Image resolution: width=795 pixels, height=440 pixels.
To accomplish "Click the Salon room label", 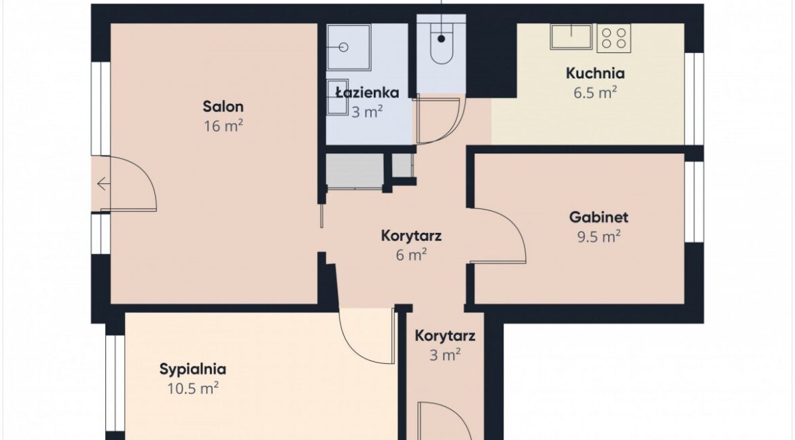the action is pyautogui.click(x=223, y=107).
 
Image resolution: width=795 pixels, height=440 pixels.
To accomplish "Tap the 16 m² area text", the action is pyautogui.click(x=223, y=126).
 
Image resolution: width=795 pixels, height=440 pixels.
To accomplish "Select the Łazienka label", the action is pyautogui.click(x=367, y=92).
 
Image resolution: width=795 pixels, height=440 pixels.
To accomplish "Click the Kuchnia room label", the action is pyautogui.click(x=595, y=73).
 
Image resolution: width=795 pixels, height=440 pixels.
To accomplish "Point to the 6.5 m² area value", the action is pyautogui.click(x=595, y=93).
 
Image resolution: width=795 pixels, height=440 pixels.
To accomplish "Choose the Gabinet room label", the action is pyautogui.click(x=599, y=217).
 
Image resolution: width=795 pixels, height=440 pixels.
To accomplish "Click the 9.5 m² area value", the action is pyautogui.click(x=599, y=237).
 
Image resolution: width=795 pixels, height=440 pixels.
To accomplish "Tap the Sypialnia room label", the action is pyautogui.click(x=193, y=369).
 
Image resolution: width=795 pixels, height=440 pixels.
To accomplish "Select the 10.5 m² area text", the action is pyautogui.click(x=193, y=389).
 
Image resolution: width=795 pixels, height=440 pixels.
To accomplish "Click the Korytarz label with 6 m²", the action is pyautogui.click(x=411, y=236).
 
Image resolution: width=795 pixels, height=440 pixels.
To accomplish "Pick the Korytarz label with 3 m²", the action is pyautogui.click(x=444, y=335).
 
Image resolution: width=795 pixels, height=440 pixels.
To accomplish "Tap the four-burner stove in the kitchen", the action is pyautogui.click(x=614, y=37).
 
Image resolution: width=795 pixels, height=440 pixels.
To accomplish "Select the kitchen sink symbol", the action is pyautogui.click(x=571, y=36).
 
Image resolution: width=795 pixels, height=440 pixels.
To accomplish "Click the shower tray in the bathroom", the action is pyautogui.click(x=349, y=47).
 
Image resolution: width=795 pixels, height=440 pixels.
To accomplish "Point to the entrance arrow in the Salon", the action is pyautogui.click(x=103, y=183).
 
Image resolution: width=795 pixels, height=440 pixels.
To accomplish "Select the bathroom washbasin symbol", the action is pyautogui.click(x=337, y=97).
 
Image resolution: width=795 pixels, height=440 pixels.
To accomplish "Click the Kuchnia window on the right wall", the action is pyautogui.click(x=694, y=98).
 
